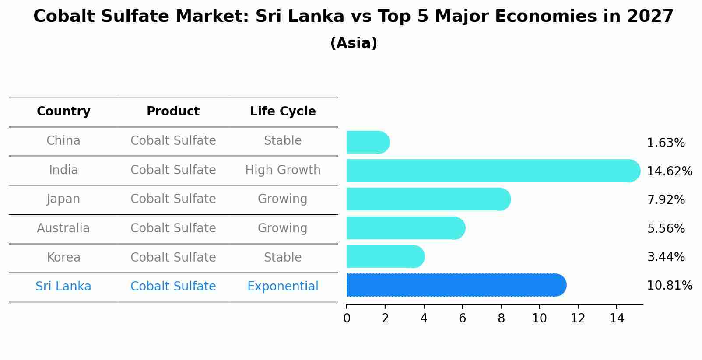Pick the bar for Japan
pyautogui.click(x=428, y=199)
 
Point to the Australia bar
pyautogui.click(x=405, y=228)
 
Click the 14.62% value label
pyautogui.click(x=669, y=171)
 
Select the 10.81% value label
pyautogui.click(x=669, y=286)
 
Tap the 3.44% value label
pyautogui.click(x=666, y=257)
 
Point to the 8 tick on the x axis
pyautogui.click(x=501, y=318)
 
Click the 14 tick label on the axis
pyautogui.click(x=617, y=318)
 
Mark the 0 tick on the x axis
pyautogui.click(x=347, y=318)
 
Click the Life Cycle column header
pyautogui.click(x=283, y=112)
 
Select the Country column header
pyautogui.click(x=63, y=112)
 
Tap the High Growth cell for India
pyautogui.click(x=283, y=170)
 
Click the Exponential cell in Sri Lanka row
pyautogui.click(x=283, y=287)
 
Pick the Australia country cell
pyautogui.click(x=63, y=228)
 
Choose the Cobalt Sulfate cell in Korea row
pyautogui.click(x=173, y=258)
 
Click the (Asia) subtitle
pyautogui.click(x=354, y=43)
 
